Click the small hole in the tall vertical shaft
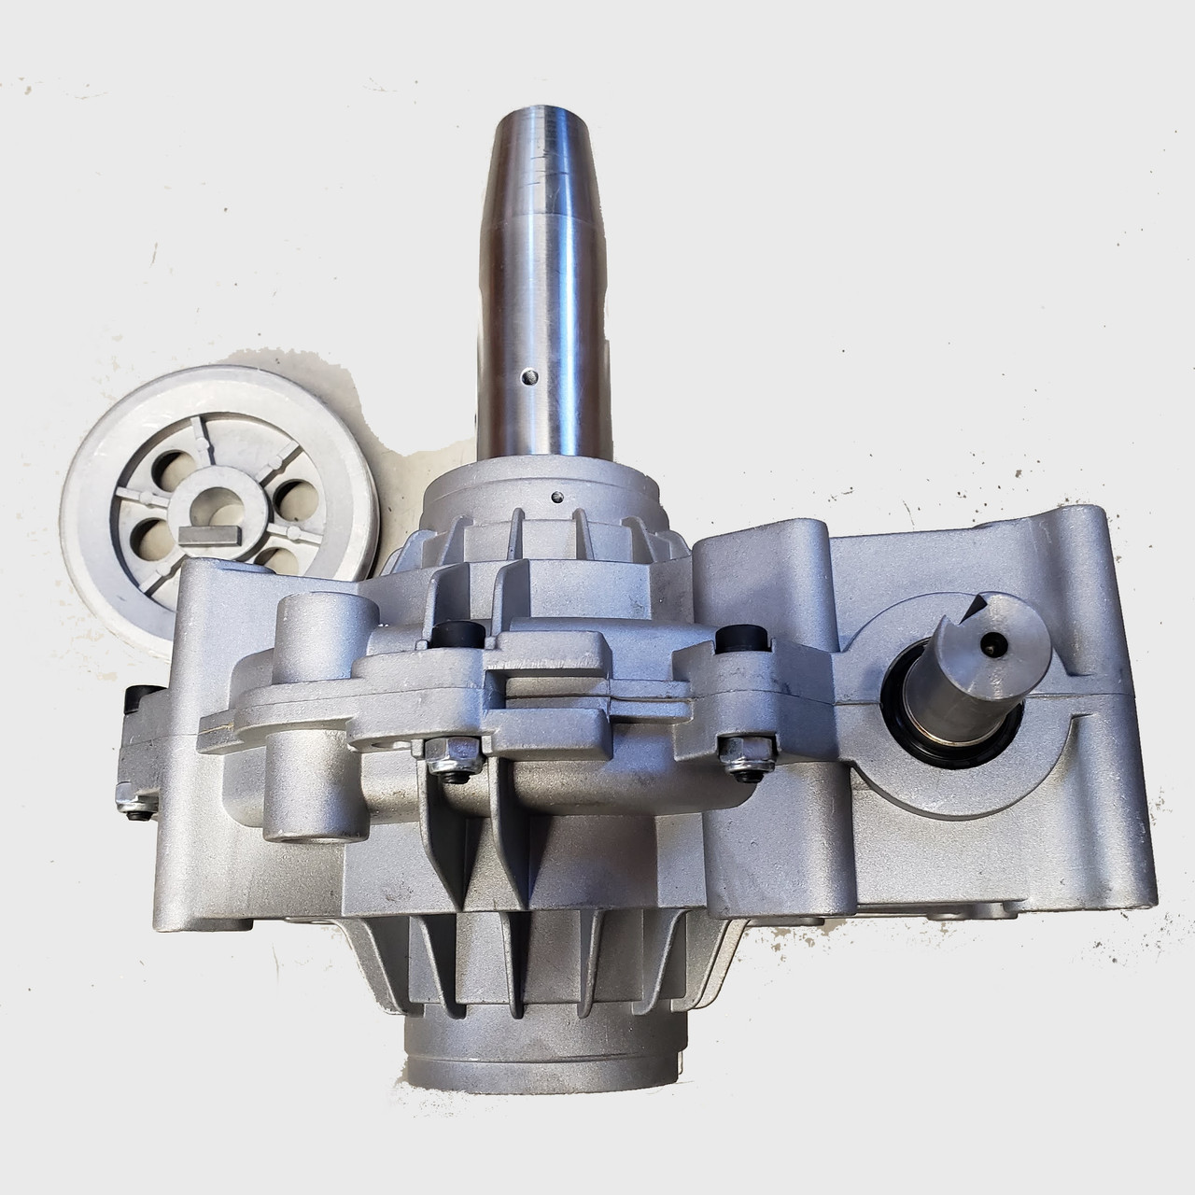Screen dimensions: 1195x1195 [x=530, y=376]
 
